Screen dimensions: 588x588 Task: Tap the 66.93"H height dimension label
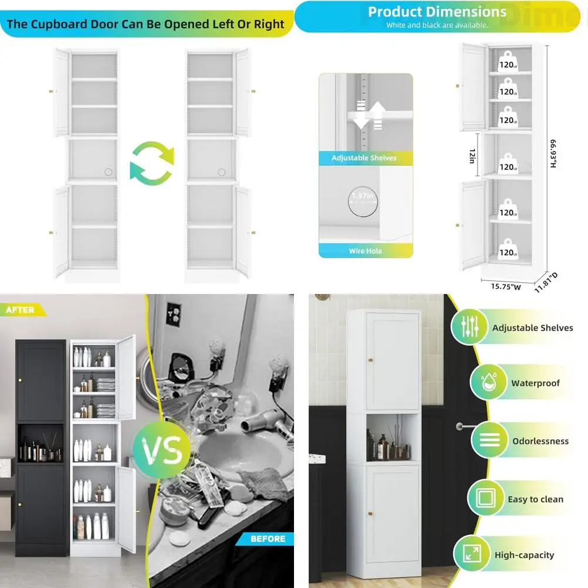(553, 153)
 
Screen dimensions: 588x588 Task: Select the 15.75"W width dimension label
(506, 286)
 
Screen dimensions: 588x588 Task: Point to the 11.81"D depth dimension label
(546, 282)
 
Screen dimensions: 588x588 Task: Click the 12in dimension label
(473, 156)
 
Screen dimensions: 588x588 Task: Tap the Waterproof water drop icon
(489, 382)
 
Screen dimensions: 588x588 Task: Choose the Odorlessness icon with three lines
(489, 439)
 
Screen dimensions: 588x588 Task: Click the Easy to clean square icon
(486, 497)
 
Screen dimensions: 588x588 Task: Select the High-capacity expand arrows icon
(472, 553)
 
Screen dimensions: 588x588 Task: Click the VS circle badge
(162, 449)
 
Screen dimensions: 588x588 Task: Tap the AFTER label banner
(22, 310)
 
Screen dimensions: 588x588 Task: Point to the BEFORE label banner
(265, 539)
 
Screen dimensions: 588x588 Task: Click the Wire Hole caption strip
(366, 250)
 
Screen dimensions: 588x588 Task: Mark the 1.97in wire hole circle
(363, 201)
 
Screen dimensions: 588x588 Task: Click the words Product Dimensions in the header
(437, 12)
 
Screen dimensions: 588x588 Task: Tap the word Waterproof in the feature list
(535, 383)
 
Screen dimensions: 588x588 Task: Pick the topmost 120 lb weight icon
(508, 61)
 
